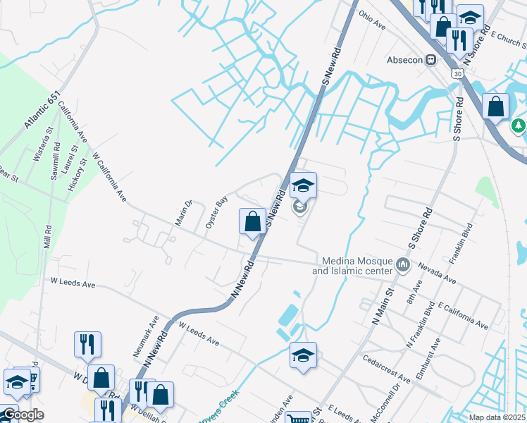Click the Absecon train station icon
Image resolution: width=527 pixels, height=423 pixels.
[x=429, y=60]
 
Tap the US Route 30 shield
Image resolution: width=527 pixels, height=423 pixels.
[x=459, y=73]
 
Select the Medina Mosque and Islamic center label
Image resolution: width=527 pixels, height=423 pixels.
[x=352, y=266]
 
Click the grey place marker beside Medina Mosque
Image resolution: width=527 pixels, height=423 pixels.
[x=403, y=265]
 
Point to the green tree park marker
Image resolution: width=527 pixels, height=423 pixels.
[x=519, y=125]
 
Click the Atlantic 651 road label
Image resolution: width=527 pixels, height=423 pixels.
[x=43, y=110]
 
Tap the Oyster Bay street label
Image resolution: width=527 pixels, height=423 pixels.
[x=216, y=211]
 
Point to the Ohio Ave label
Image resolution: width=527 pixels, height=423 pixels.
[x=372, y=20]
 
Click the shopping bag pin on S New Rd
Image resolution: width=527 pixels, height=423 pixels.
[x=252, y=221]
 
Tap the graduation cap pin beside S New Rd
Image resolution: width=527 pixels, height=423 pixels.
[x=303, y=186]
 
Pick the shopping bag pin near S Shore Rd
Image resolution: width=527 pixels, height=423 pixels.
[x=496, y=107]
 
